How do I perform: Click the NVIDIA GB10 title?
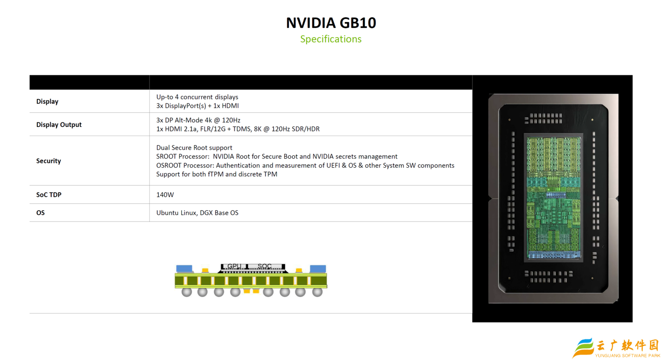point(331,23)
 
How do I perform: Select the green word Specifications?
point(331,39)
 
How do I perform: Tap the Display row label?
point(47,101)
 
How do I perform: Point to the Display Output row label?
point(59,125)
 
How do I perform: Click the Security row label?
point(48,161)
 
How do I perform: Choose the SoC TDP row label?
point(49,194)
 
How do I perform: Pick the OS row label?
point(40,213)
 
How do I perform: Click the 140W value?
point(165,194)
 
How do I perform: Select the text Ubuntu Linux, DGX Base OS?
point(197,213)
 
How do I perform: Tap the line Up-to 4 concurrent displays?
point(197,97)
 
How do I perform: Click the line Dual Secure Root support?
point(194,148)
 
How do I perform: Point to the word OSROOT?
point(167,165)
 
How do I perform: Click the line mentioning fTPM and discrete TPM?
point(217,174)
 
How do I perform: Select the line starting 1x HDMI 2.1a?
point(238,129)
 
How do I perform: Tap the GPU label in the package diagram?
point(234,266)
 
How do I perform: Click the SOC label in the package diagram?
point(264,266)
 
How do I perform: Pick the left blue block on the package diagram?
point(184,269)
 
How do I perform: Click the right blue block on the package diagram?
point(318,269)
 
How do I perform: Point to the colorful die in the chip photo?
point(554,197)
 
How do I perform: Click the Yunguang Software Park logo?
point(616,348)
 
